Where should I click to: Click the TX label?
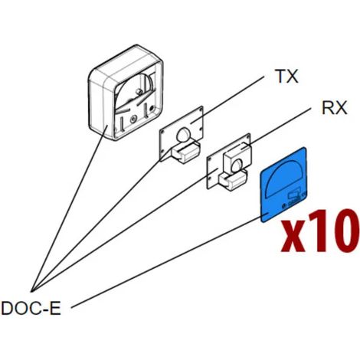(287, 76)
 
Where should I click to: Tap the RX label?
(335, 108)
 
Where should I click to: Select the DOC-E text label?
(31, 308)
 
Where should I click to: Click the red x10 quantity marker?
(320, 231)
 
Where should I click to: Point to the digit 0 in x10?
(345, 231)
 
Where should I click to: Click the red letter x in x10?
(293, 236)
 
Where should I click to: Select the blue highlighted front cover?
(283, 185)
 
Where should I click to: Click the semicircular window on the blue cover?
(284, 178)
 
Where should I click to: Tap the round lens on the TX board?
(183, 135)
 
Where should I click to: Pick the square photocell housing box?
(126, 93)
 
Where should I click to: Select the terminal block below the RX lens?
(233, 181)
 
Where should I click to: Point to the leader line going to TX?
(227, 100)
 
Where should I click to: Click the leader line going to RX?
(276, 128)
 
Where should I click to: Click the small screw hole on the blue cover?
(283, 206)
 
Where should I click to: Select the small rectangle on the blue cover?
(294, 195)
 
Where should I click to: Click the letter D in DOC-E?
(7, 309)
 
